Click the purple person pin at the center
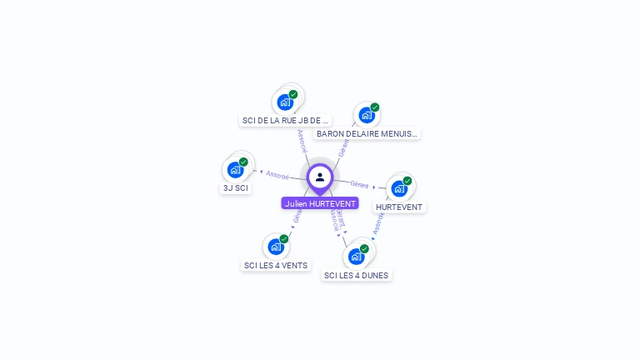point(320,177)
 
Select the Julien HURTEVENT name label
point(320,203)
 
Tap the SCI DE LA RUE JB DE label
point(285,120)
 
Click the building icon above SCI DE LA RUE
point(286,102)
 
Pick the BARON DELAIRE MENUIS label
point(367,133)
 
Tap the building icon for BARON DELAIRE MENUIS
point(367,115)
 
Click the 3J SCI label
point(235,187)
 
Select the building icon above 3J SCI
point(236,170)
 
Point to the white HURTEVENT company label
point(398,207)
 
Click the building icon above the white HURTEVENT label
point(399,188)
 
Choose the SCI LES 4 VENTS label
point(275,265)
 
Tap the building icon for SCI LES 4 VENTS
point(276,247)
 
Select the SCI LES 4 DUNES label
point(356,275)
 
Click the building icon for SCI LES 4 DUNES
point(357,256)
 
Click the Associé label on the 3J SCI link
point(277,175)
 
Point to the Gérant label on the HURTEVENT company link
point(359,184)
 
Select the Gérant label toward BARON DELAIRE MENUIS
point(343,148)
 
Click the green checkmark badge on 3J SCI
point(243,162)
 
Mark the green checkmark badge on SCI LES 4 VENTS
point(283,239)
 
